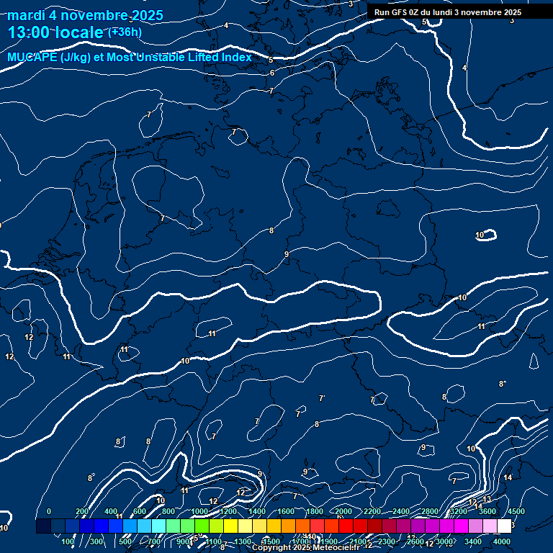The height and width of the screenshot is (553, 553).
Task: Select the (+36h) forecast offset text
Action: point(125,32)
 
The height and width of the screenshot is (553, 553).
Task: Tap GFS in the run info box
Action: point(401,12)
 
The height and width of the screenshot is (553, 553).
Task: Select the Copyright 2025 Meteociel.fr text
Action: point(305,548)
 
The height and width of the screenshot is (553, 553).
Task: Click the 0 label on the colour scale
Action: point(49,511)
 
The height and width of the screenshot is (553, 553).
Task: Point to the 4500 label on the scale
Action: point(516,511)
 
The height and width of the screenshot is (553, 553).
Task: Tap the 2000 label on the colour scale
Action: point(343,511)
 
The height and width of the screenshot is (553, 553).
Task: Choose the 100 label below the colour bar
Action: point(68,541)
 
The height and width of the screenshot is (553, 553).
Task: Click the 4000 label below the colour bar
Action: point(502,541)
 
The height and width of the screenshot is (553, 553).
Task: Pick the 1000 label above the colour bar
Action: point(199,511)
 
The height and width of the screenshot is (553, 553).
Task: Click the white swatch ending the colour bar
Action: point(504,526)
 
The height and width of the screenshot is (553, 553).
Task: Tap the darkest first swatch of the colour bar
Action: point(43,526)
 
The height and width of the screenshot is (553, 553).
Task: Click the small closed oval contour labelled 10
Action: point(487,234)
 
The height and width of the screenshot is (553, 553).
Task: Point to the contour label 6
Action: point(271,73)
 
